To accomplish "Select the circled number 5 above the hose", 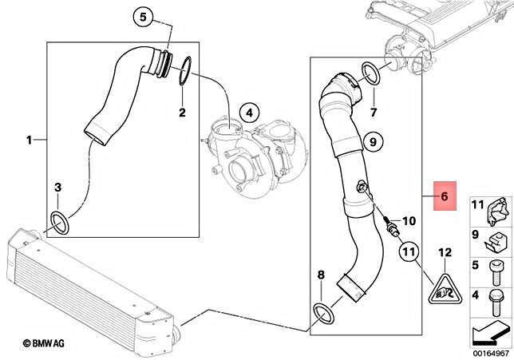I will coord(144,17).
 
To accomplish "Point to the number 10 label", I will coord(409,220).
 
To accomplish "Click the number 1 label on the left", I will coord(30,140).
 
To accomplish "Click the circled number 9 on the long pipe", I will coord(370,141).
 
